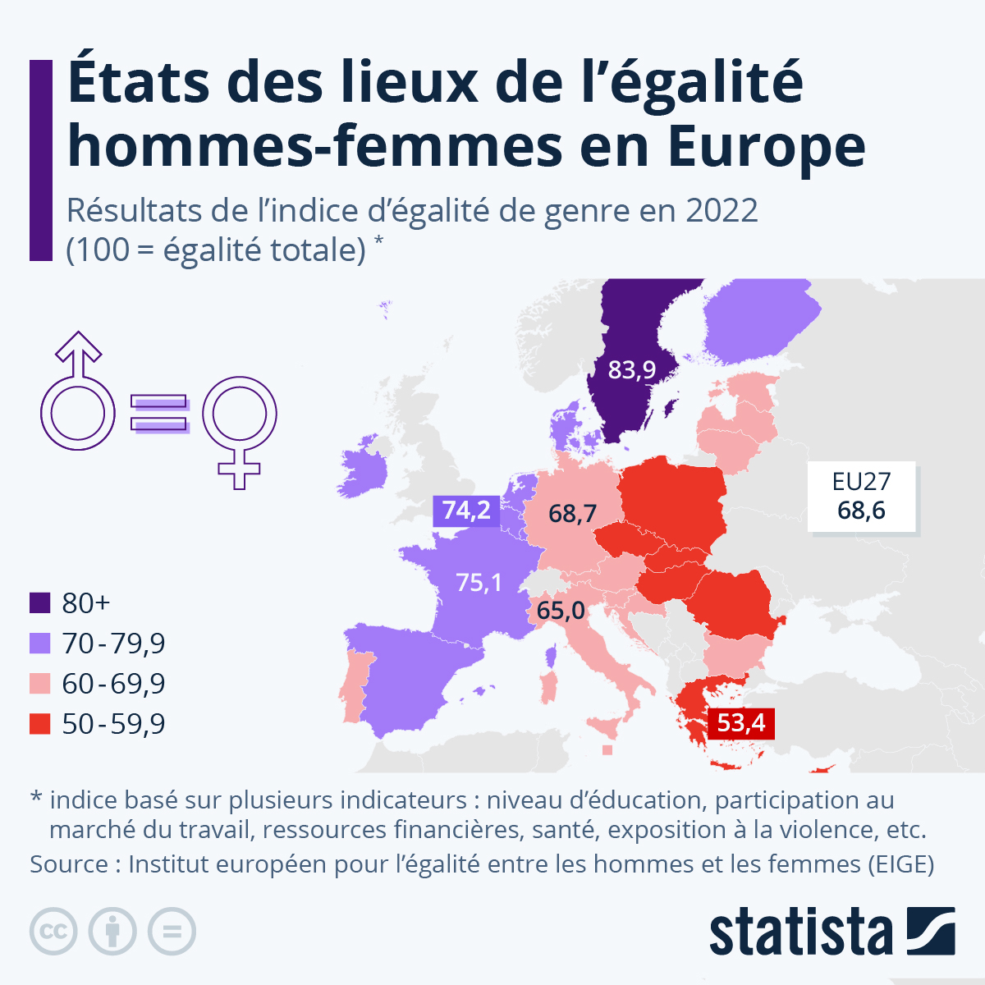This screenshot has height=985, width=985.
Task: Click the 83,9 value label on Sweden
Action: coord(631,370)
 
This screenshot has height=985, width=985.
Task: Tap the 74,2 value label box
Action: coord(466,511)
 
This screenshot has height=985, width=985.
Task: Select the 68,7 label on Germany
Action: coord(572,514)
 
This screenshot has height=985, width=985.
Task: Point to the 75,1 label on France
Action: coord(479,583)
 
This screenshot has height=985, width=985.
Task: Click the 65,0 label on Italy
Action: coord(561,611)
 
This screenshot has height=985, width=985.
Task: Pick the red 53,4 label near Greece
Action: coord(740,723)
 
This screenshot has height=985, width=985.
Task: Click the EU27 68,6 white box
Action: coord(861,497)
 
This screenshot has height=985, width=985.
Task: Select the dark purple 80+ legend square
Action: coord(40,603)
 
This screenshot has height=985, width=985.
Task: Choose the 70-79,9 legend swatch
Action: coord(40,644)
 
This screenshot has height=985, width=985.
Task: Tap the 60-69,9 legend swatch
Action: coord(40,684)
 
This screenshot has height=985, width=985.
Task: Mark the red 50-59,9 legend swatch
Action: coord(40,724)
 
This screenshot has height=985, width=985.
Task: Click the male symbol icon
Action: coord(77,394)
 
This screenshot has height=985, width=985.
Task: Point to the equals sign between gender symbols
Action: coord(159,414)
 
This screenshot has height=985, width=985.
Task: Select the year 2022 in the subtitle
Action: coord(722,211)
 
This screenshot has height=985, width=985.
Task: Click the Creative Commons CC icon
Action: coord(53,932)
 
